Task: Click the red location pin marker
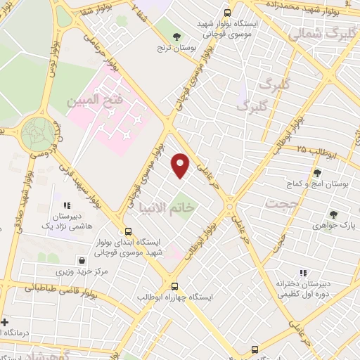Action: (x=181, y=165)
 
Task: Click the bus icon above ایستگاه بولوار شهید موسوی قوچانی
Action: (x=226, y=13)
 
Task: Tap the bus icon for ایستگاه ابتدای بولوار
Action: (x=128, y=231)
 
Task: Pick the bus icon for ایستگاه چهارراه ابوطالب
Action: (x=175, y=286)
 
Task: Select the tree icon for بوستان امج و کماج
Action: (x=316, y=172)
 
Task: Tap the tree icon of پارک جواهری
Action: (x=333, y=215)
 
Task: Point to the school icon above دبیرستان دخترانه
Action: (x=303, y=273)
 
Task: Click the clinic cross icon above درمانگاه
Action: (x=6, y=321)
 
